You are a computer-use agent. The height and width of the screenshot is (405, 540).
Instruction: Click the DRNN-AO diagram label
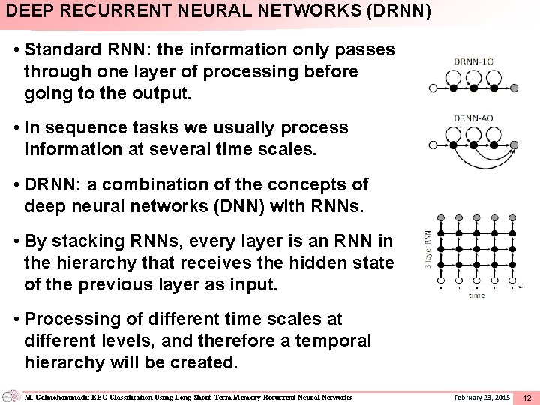[473, 118]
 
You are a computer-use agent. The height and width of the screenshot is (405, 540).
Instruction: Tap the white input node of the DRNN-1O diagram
[433, 88]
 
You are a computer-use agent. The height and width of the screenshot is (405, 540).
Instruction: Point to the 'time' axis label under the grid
[477, 295]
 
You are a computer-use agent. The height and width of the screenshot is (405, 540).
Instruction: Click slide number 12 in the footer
[526, 397]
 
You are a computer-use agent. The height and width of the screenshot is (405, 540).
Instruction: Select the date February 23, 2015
[482, 396]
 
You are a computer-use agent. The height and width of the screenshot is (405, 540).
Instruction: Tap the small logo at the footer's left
[11, 395]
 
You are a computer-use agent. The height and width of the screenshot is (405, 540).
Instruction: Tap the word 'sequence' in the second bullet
[82, 127]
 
